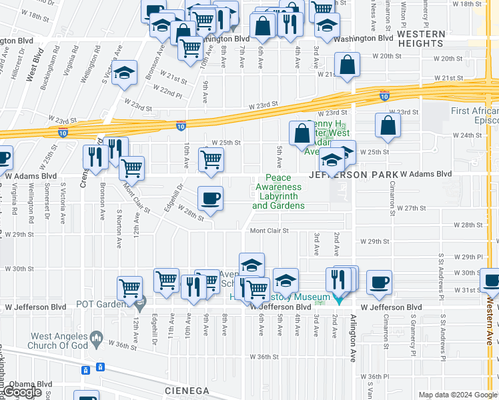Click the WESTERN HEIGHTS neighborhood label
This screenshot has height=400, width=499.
(x=421, y=39)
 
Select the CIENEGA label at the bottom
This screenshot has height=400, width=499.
(x=187, y=390)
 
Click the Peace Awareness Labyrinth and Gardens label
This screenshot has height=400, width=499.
(x=279, y=192)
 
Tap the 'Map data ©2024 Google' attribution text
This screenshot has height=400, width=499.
(x=458, y=395)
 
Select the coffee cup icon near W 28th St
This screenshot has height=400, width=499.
(x=211, y=199)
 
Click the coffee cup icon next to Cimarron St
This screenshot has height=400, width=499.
(x=379, y=282)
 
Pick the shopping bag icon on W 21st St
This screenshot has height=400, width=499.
(x=347, y=65)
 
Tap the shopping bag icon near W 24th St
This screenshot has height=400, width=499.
(x=388, y=125)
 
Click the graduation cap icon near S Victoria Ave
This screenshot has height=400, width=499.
(x=124, y=74)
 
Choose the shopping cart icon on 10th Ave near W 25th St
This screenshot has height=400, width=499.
(x=211, y=160)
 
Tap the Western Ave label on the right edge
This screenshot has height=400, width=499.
(x=492, y=320)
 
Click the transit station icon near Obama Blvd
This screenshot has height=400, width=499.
(x=100, y=367)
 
